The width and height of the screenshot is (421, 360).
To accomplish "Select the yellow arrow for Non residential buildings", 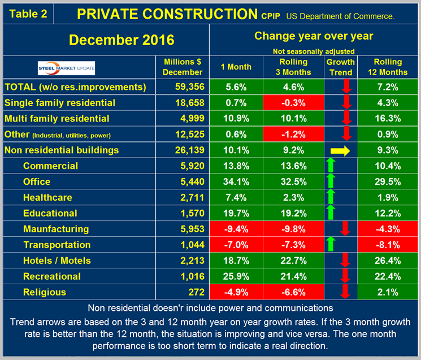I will (341, 151).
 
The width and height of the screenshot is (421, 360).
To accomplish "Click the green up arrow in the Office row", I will (331, 182).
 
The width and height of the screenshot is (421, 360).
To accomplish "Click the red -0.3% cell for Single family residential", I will (293, 103).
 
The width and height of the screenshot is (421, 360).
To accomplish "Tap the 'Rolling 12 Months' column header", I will (388, 67).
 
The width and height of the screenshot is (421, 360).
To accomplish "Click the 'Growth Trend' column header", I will (341, 67).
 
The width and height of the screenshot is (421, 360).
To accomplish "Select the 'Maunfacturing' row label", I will (56, 229).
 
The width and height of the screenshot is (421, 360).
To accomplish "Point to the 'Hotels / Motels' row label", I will (57, 261).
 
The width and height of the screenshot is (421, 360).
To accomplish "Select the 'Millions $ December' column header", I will (183, 67).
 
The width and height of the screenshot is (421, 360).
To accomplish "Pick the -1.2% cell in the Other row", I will (293, 135).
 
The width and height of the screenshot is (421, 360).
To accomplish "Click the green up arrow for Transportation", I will (331, 245).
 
